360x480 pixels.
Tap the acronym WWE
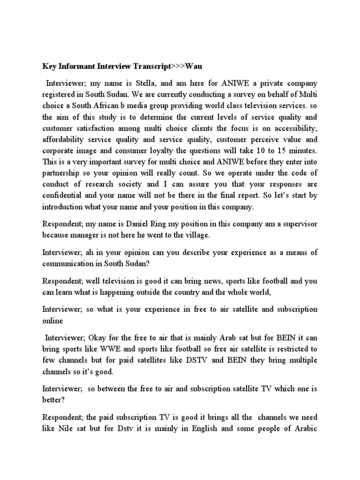pyautogui.click(x=113, y=350)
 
